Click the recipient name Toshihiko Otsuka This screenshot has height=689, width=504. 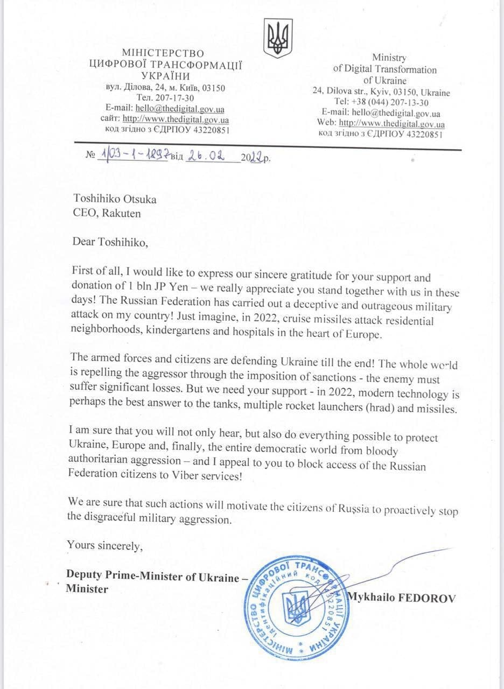point(115,199)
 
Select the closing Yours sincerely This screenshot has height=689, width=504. point(104,545)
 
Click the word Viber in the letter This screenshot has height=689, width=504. point(184,476)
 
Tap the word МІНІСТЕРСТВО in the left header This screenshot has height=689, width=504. point(163,53)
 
